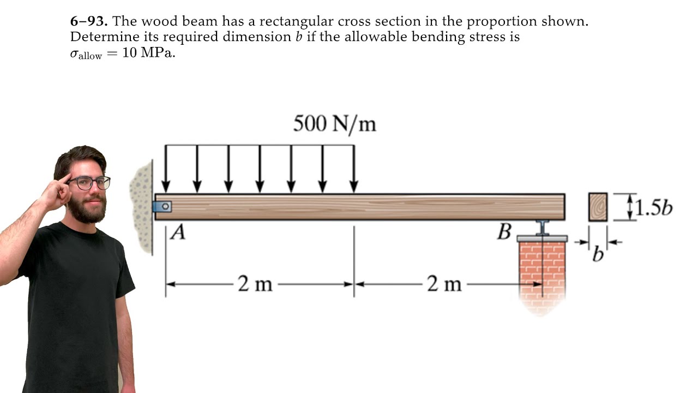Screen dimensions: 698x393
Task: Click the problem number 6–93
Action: pos(89,21)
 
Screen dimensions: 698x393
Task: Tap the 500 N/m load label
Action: pos(335,124)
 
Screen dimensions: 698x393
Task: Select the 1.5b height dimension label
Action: pos(654,208)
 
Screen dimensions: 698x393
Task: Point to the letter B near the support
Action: pos(504,233)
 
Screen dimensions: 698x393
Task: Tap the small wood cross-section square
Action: pos(598,207)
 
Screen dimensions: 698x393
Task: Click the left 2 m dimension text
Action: pos(255,284)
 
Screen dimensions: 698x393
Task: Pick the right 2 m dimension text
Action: pos(444,284)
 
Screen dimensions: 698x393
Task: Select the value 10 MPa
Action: pos(149,53)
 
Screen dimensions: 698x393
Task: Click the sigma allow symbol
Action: pos(86,54)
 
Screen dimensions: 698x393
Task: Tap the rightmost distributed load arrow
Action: pos(354,169)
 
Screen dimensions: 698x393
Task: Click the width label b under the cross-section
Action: pos(598,254)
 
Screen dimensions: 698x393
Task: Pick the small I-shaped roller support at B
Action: pos(543,228)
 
